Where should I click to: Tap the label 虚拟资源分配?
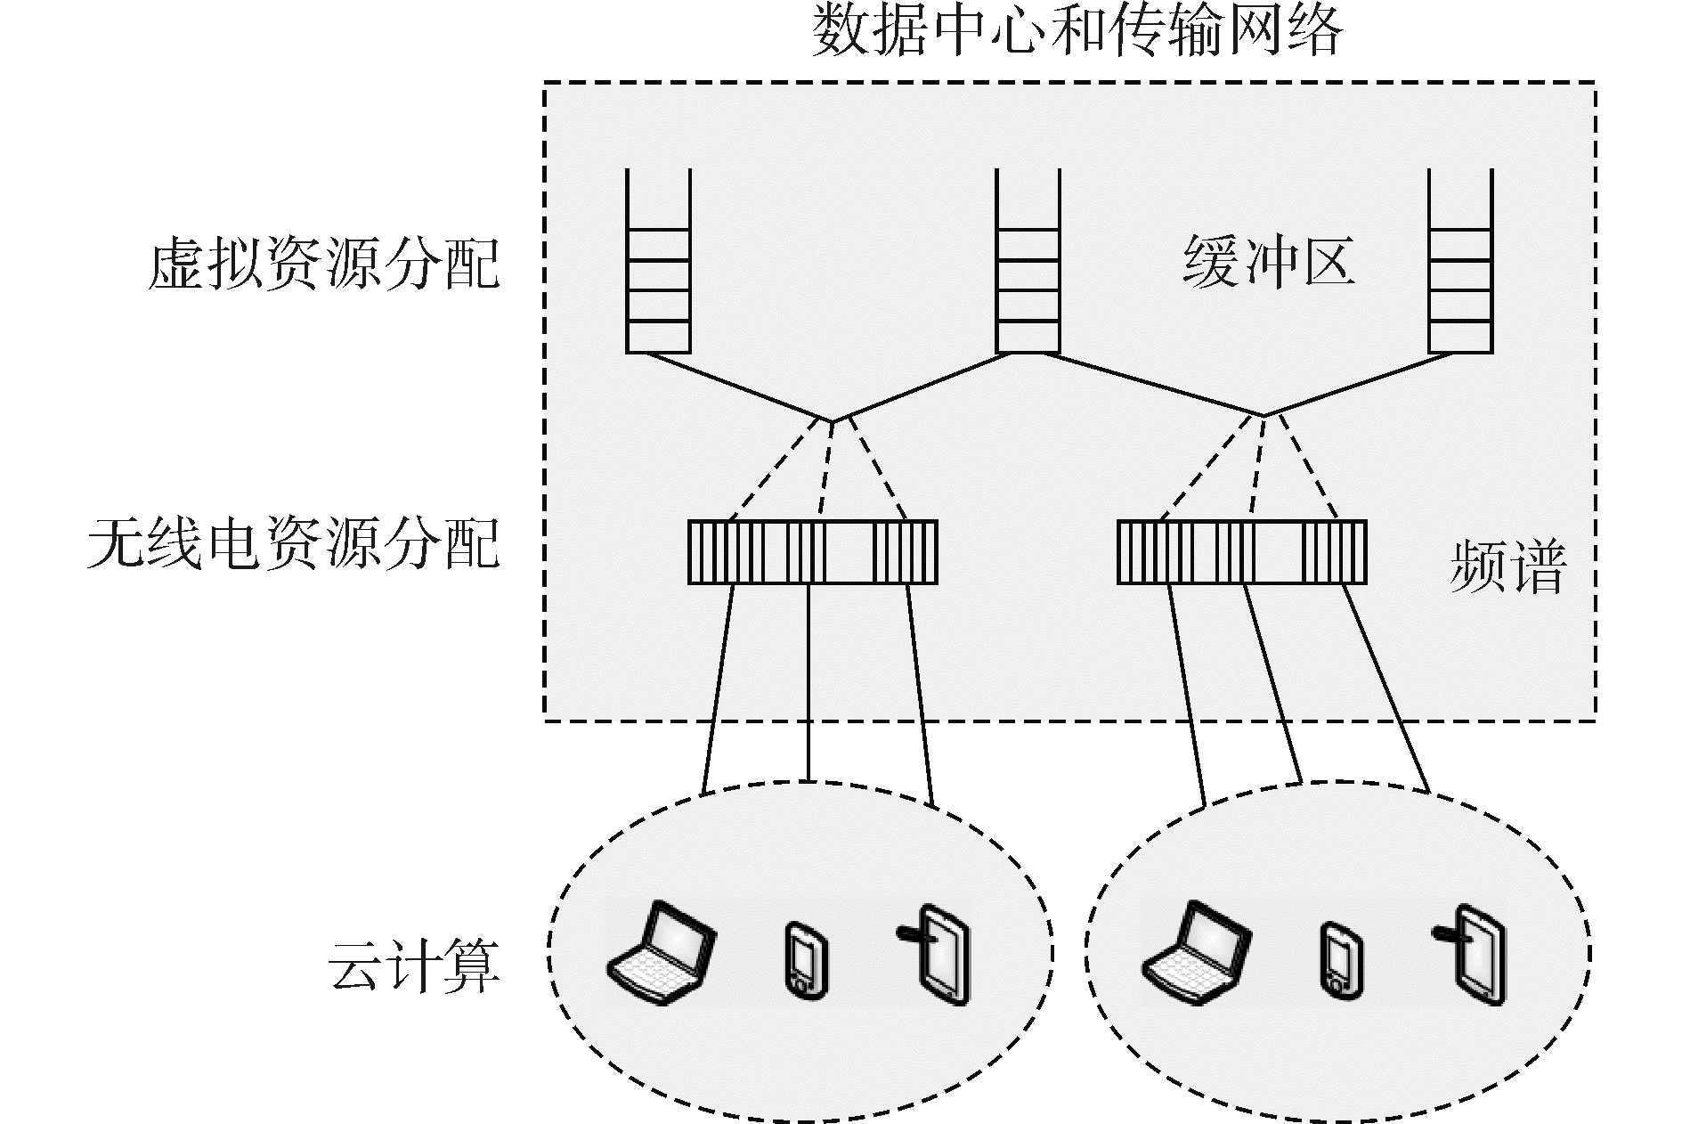click(323, 264)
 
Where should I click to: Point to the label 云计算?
click(414, 966)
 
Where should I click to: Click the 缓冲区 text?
click(1269, 262)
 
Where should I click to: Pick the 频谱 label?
click(1507, 566)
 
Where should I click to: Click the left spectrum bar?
click(812, 552)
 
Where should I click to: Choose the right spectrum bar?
click(1241, 552)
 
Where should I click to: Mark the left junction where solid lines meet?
click(833, 420)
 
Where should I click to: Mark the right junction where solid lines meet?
click(1264, 415)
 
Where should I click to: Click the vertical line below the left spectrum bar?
click(808, 681)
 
